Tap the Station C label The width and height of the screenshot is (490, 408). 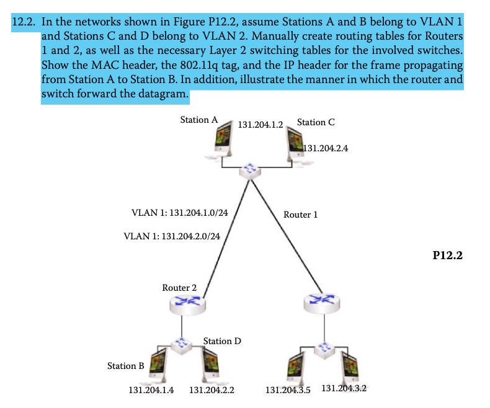pos(316,122)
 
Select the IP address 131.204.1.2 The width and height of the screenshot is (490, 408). pos(261,125)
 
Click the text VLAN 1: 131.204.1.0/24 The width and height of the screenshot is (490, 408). pos(180,213)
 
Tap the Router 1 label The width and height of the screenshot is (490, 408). pos(300,215)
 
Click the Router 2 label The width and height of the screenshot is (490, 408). pos(179,288)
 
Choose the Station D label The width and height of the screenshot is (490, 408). pos(222,341)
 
